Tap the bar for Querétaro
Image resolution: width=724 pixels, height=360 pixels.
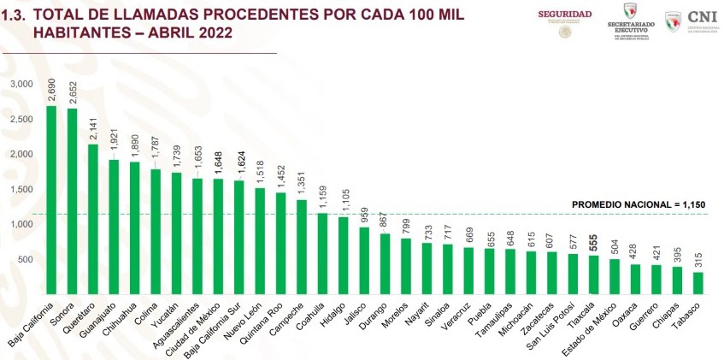tap(93, 219)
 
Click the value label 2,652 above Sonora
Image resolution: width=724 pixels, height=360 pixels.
tap(73, 93)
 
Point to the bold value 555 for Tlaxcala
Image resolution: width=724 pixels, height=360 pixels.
tap(593, 240)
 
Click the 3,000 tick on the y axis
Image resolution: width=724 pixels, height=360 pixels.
tap(21, 84)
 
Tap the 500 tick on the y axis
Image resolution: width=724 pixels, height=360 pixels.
tap(26, 259)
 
